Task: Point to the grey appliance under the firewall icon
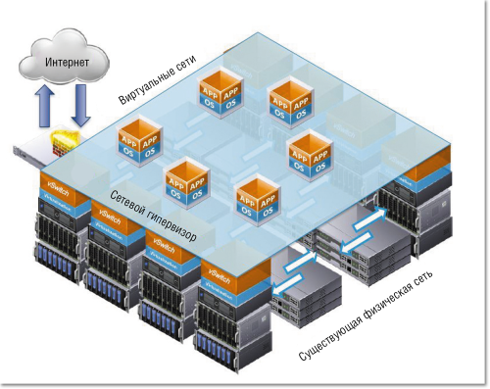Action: pyautogui.click(x=39, y=155)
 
